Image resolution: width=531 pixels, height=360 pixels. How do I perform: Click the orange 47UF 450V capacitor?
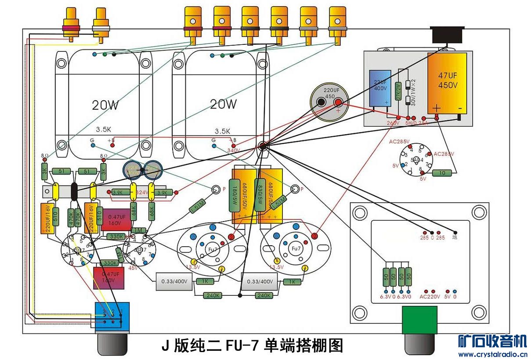coord(447,84)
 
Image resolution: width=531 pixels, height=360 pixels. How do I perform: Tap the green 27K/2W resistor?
coord(399,91)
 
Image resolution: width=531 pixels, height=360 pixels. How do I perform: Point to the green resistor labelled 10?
coord(442,173)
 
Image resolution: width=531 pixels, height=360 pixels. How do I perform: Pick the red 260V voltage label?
coord(393,123)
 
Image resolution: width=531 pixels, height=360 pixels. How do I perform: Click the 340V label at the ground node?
coord(234,150)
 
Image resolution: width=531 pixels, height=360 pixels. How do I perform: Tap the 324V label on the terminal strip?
coord(141,193)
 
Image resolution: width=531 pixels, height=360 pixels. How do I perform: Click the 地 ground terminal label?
coord(455,237)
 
